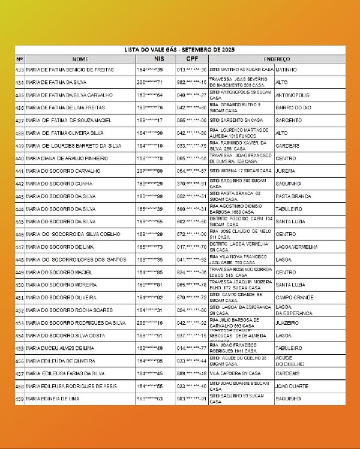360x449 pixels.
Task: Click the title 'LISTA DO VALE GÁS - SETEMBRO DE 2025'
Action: click(x=179, y=50)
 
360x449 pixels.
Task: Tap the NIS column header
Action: click(x=158, y=59)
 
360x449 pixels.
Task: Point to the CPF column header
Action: click(x=191, y=59)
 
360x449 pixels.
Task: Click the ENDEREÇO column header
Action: click(x=277, y=59)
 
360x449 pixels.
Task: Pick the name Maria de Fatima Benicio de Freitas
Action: click(x=70, y=70)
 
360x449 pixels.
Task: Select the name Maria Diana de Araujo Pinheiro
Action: click(x=67, y=158)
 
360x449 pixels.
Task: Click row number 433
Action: click(x=20, y=70)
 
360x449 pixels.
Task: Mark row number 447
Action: click(x=20, y=247)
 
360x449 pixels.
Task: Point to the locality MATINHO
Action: click(x=287, y=70)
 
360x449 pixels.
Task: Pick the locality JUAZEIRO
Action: click(x=286, y=323)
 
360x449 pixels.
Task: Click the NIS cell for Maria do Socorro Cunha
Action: click(x=150, y=184)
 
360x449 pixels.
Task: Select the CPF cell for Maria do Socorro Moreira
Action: click(x=191, y=285)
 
